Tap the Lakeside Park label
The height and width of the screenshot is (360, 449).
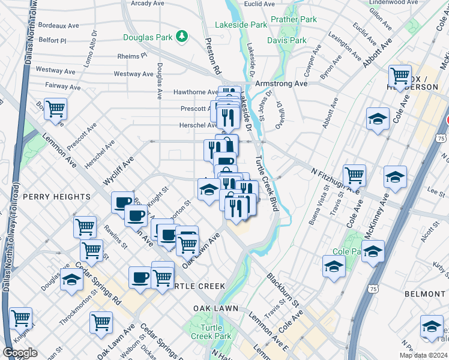point(241,25)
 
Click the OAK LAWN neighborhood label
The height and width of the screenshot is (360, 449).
point(216,308)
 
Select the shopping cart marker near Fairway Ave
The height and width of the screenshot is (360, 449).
point(56,110)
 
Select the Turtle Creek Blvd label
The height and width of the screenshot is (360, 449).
point(267,183)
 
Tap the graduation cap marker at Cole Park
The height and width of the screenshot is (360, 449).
point(372,251)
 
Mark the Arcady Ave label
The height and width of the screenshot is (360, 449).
point(148,4)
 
